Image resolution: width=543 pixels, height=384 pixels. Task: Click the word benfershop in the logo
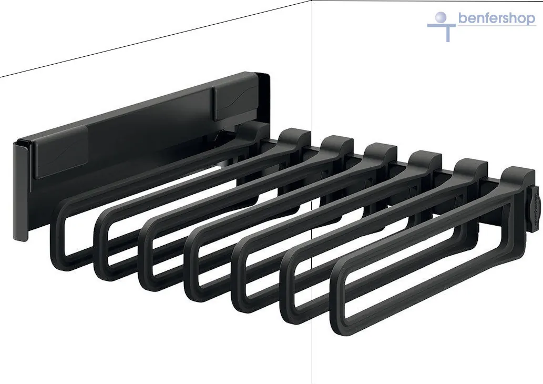pos(497,18)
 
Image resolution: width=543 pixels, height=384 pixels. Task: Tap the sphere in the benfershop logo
pos(441,17)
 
